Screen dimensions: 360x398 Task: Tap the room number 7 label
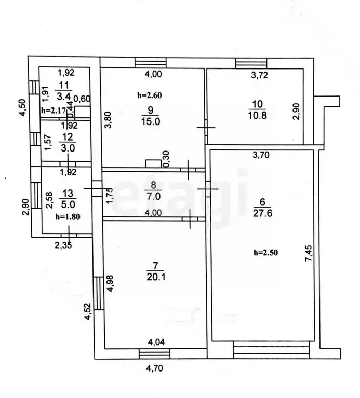click(x=155, y=266)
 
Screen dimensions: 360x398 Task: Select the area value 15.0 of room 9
click(x=151, y=121)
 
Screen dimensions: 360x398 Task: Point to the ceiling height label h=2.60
click(x=150, y=95)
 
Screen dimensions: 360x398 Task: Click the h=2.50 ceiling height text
click(x=266, y=253)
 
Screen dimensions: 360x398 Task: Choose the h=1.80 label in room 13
click(x=68, y=217)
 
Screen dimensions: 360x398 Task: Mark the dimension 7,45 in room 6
click(x=309, y=253)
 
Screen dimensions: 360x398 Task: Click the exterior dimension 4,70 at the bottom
click(x=154, y=367)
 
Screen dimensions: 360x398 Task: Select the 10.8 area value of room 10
click(x=257, y=116)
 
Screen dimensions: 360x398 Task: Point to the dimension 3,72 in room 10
click(x=259, y=75)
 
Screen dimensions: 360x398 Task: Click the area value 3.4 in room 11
click(x=63, y=97)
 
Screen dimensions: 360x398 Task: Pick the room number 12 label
click(x=68, y=138)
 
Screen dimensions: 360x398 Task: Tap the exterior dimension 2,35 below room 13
click(x=63, y=245)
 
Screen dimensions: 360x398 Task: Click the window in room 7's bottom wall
click(x=154, y=353)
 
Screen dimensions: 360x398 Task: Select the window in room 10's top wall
click(x=251, y=63)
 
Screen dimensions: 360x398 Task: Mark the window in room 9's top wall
click(x=151, y=62)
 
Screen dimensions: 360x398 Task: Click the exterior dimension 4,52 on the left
click(x=88, y=311)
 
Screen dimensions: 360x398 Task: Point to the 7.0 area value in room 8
click(x=153, y=196)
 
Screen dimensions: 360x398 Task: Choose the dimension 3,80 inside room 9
click(x=109, y=120)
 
